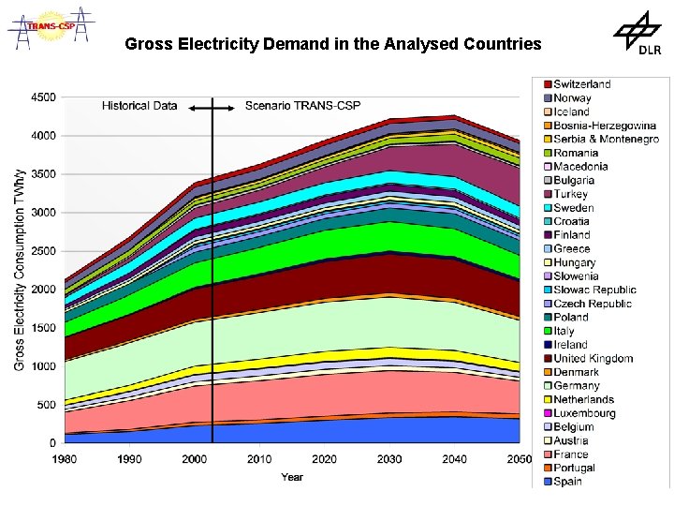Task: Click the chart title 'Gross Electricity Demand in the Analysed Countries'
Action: (332, 44)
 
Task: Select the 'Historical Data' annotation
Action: (139, 106)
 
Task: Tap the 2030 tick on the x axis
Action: (389, 459)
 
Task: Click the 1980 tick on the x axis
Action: (64, 459)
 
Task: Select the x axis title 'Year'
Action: (292, 477)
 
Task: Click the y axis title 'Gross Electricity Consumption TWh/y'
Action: (20, 269)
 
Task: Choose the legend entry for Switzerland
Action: (581, 84)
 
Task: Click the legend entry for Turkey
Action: (571, 194)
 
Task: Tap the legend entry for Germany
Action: (576, 385)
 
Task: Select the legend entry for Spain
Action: (567, 482)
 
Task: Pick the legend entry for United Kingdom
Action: (593, 358)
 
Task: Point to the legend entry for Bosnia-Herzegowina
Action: (604, 126)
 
